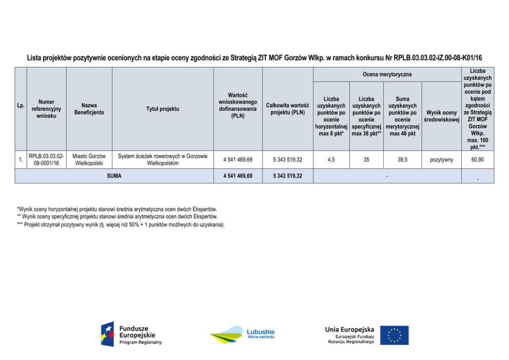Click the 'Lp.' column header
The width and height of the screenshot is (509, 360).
coord(21,106)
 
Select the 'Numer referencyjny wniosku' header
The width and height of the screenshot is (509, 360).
coord(46,109)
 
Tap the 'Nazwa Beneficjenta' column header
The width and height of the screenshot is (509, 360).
coord(89,109)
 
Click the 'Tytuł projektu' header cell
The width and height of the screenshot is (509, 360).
coord(163,109)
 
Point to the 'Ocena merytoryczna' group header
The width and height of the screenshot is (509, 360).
coord(387,75)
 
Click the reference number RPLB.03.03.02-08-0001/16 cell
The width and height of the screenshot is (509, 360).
coord(46,159)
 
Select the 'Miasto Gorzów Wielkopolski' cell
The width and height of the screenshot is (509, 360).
coord(89,159)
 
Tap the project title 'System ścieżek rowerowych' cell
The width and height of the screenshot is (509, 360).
coord(163,159)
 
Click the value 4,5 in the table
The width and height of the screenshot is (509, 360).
coord(331,160)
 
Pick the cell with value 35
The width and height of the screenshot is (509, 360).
coord(366,160)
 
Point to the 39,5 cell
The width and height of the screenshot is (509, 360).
coord(402,160)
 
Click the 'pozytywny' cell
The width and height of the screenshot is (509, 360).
coord(441,160)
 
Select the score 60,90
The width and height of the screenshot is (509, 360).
coord(477,160)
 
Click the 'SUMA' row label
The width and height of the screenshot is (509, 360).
coord(114,176)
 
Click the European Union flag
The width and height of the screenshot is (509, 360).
coord(394,335)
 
